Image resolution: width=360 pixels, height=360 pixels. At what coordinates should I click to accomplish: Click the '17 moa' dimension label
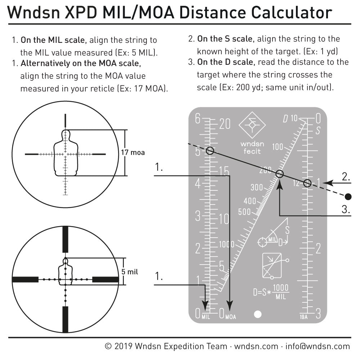click(x=133, y=153)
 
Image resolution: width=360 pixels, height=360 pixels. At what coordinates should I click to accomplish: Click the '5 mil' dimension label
click(x=130, y=272)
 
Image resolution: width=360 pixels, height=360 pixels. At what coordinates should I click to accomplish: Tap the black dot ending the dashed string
click(x=348, y=197)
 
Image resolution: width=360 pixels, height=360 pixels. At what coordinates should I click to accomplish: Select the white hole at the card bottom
click(x=257, y=314)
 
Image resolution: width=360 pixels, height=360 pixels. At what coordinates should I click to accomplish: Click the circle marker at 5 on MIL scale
click(x=210, y=151)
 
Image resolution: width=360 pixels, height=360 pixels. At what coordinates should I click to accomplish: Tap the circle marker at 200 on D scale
click(x=280, y=174)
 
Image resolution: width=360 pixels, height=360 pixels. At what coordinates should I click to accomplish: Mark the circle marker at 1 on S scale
click(x=307, y=183)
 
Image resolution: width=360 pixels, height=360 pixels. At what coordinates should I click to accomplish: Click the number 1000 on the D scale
click(x=226, y=244)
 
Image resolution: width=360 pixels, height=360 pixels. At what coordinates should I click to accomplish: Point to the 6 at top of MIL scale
click(x=198, y=119)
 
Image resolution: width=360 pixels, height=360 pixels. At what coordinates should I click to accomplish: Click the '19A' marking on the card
click(x=303, y=317)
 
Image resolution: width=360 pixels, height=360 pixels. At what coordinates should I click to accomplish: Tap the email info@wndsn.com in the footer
click(x=318, y=346)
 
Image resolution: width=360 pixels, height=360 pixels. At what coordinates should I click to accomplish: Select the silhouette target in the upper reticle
click(x=65, y=153)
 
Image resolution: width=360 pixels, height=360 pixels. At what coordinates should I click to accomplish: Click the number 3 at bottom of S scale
click(x=318, y=314)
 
